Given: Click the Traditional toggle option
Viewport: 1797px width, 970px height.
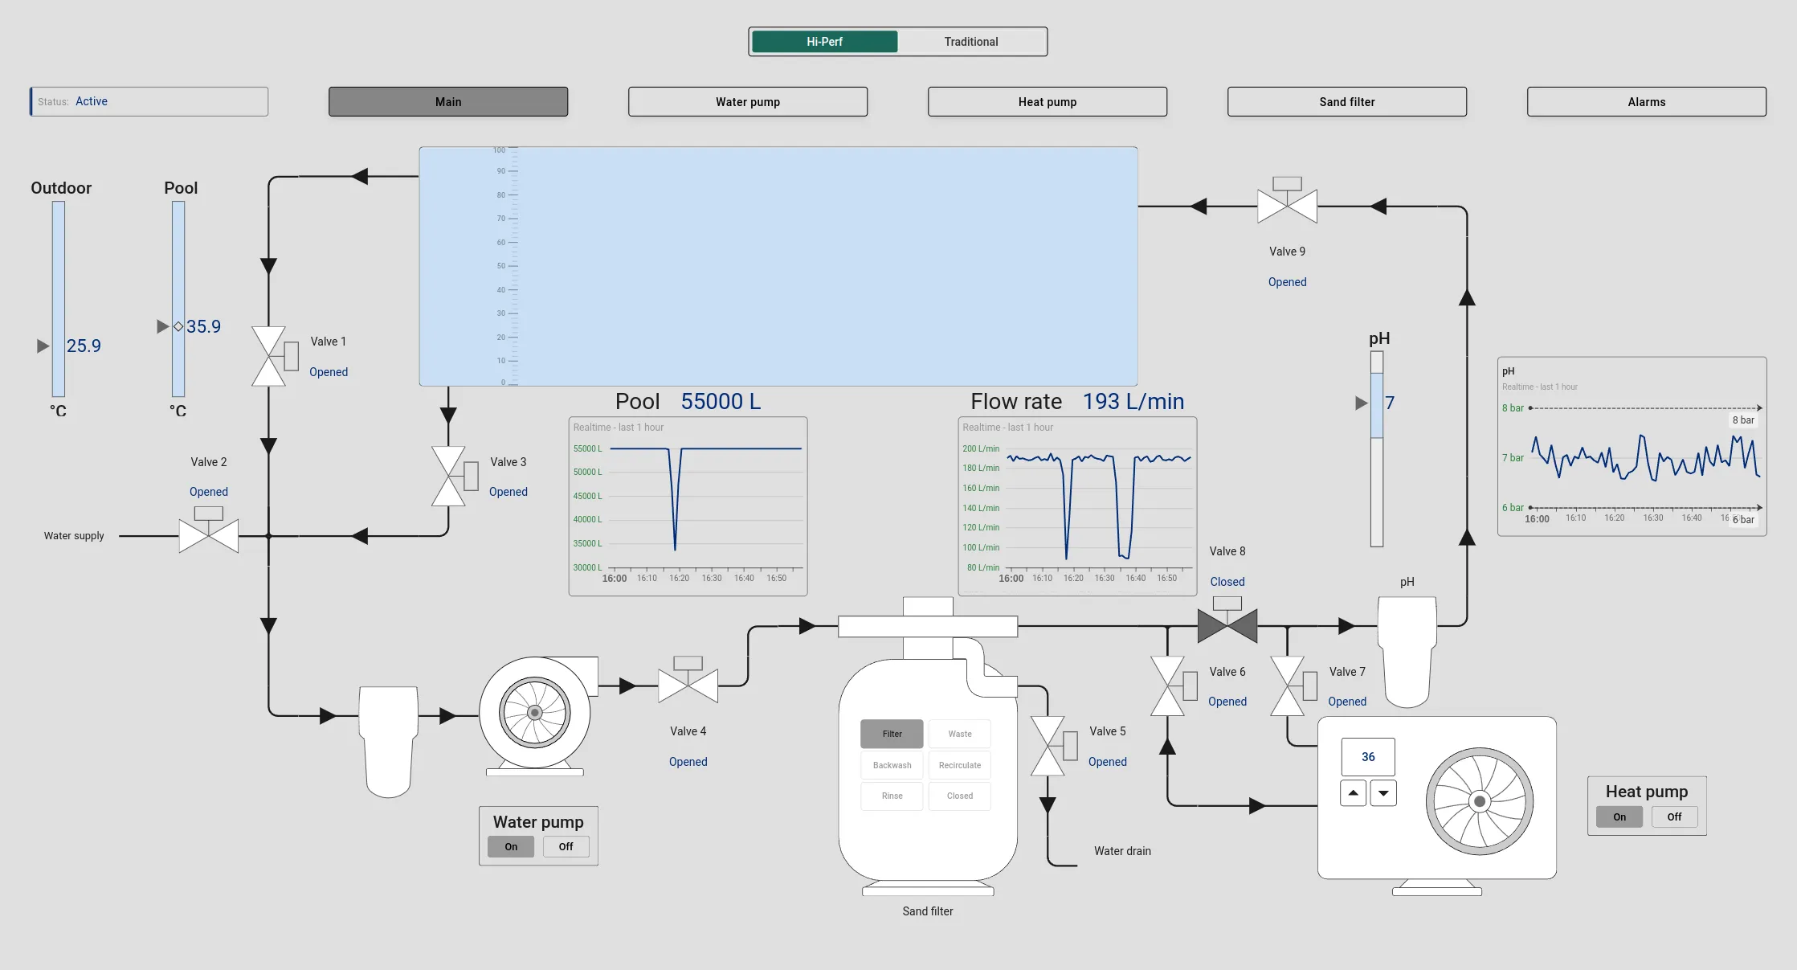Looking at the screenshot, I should pyautogui.click(x=970, y=42).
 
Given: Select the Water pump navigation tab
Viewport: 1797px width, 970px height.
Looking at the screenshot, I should pyautogui.click(x=747, y=102).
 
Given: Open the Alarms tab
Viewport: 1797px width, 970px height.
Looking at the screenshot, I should pyautogui.click(x=1646, y=102).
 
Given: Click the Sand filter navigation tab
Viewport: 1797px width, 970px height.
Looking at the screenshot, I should pyautogui.click(x=1346, y=102).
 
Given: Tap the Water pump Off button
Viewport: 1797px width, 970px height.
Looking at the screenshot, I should pyautogui.click(x=566, y=847).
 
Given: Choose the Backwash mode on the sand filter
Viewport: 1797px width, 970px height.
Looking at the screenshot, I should pyautogui.click(x=892, y=765).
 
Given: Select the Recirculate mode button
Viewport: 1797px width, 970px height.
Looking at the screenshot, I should pyautogui.click(x=959, y=765).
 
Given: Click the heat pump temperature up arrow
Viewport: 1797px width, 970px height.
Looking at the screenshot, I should pyautogui.click(x=1353, y=793).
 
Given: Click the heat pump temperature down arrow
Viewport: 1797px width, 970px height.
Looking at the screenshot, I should pyautogui.click(x=1383, y=793).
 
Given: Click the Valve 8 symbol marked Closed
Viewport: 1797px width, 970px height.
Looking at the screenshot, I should pyautogui.click(x=1227, y=625).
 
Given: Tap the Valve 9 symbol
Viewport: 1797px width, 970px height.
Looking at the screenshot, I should pyautogui.click(x=1287, y=206).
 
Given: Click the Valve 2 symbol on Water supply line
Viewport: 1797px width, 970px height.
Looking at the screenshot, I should pyautogui.click(x=209, y=535).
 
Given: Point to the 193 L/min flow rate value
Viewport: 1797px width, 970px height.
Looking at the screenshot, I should pyautogui.click(x=1133, y=402).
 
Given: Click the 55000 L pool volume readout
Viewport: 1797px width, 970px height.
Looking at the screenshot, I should pyautogui.click(x=721, y=402).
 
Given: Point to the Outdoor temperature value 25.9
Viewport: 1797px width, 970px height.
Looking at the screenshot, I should pyautogui.click(x=84, y=346).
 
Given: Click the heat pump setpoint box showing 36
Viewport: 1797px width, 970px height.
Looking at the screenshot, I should pyautogui.click(x=1368, y=757).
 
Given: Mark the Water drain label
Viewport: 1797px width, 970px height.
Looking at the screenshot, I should pyautogui.click(x=1121, y=851).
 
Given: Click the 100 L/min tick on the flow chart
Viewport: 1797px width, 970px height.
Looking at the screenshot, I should pyautogui.click(x=981, y=548).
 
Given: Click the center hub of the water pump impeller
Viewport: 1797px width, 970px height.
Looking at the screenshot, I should pyautogui.click(x=535, y=713).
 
